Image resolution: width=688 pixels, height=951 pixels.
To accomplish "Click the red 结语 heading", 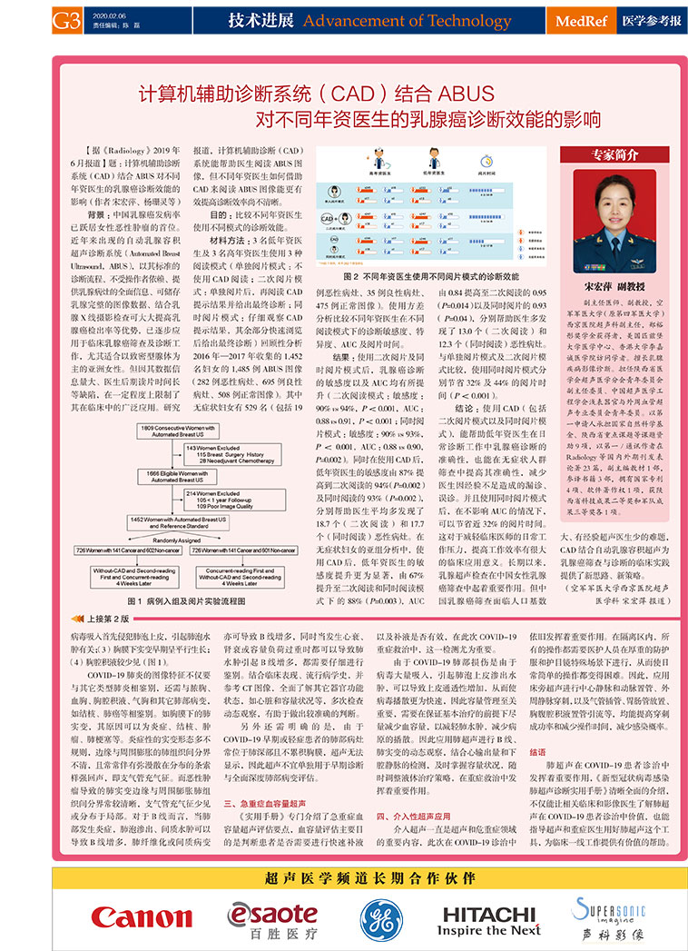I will (x=537, y=752).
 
